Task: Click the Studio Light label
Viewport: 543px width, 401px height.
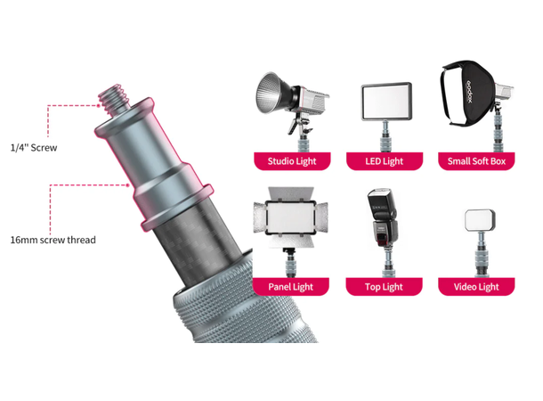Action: pyautogui.click(x=292, y=161)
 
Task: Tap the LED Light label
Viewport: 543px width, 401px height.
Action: pyautogui.click(x=385, y=161)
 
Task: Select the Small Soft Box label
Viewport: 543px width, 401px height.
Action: pyautogui.click(x=476, y=161)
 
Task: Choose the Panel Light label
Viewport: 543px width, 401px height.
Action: pyautogui.click(x=291, y=287)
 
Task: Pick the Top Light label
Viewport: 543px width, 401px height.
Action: pyautogui.click(x=384, y=287)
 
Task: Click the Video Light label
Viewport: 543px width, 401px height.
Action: pyautogui.click(x=476, y=287)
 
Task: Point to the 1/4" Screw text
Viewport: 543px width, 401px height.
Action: pyautogui.click(x=34, y=148)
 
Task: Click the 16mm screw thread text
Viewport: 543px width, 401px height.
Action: pyautogui.click(x=53, y=240)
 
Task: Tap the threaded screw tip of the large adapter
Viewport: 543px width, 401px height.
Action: pyautogui.click(x=114, y=99)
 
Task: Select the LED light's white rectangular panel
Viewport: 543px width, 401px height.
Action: pyautogui.click(x=386, y=102)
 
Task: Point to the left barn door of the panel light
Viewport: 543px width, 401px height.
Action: pyautogui.click(x=260, y=217)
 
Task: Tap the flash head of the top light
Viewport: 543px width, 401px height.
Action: pyautogui.click(x=381, y=202)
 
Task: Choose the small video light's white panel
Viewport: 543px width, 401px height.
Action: pyautogui.click(x=480, y=220)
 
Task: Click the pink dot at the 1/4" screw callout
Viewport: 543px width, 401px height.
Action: pyautogui.click(x=99, y=105)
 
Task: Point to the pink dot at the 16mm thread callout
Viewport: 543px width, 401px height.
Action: pyautogui.click(x=128, y=185)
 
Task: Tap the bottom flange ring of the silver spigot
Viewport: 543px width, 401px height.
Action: pyautogui.click(x=176, y=207)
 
